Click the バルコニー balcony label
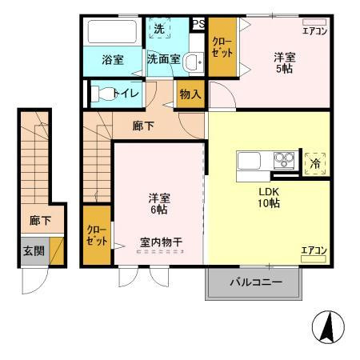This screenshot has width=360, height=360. (256, 282)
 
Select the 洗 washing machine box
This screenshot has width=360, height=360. (159, 29)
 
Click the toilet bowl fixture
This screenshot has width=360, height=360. (102, 94)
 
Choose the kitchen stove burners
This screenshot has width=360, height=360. (284, 158)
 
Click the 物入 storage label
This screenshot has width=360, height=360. (190, 94)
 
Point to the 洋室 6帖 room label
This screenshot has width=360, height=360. (157, 203)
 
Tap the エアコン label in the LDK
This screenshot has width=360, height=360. (314, 251)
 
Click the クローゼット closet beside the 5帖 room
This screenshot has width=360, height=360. (220, 47)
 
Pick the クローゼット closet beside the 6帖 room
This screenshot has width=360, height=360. (96, 235)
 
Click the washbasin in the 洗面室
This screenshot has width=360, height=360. (191, 61)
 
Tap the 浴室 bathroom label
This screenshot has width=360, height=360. (111, 59)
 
